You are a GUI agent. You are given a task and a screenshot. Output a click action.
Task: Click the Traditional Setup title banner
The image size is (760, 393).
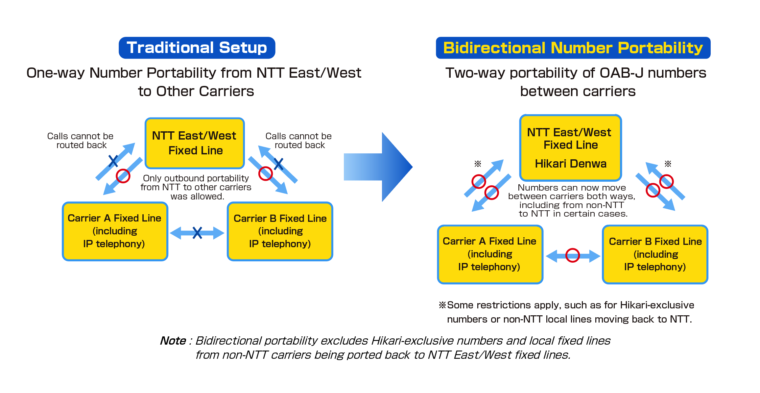[197, 48]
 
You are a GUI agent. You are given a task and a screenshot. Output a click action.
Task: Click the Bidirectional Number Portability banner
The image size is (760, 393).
[573, 48]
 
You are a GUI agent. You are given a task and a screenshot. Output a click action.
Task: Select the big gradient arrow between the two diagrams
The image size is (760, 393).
[378, 167]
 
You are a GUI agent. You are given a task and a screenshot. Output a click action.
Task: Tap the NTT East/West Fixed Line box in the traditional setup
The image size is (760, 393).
[195, 143]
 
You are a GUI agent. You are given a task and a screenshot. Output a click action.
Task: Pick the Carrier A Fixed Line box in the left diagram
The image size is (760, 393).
[115, 231]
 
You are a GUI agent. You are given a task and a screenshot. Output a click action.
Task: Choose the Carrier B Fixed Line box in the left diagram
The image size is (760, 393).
[280, 231]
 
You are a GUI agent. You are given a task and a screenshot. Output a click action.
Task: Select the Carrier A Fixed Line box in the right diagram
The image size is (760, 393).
[490, 254]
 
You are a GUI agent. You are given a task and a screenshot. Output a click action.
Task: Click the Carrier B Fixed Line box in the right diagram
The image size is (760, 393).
[655, 254]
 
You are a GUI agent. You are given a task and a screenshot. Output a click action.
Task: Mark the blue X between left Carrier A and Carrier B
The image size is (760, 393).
[197, 233]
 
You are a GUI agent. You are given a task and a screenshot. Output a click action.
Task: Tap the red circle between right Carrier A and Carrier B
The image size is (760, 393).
[573, 255]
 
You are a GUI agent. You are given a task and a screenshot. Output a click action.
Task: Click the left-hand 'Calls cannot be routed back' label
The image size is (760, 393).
[81, 141]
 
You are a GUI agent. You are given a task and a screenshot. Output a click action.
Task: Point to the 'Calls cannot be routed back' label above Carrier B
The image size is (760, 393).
[298, 141]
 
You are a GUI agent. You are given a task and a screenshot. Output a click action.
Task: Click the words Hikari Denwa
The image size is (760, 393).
[570, 164]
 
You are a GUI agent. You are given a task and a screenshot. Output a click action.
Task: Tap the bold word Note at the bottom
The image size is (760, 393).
[173, 341]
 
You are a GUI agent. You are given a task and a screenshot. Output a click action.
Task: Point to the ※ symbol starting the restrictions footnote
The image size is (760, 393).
[442, 305]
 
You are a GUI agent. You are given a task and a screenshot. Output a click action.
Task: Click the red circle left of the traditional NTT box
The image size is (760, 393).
[123, 176]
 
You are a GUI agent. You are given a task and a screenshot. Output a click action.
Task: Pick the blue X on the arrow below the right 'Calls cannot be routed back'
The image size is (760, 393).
[279, 164]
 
